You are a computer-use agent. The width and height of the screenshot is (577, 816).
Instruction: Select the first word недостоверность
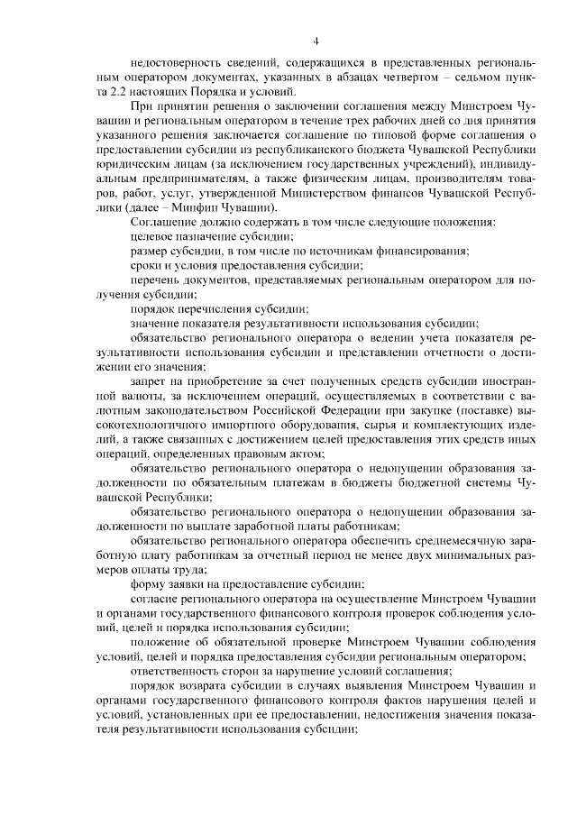[x=177, y=66]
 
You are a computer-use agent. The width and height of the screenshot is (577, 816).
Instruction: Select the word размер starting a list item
[x=150, y=249]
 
